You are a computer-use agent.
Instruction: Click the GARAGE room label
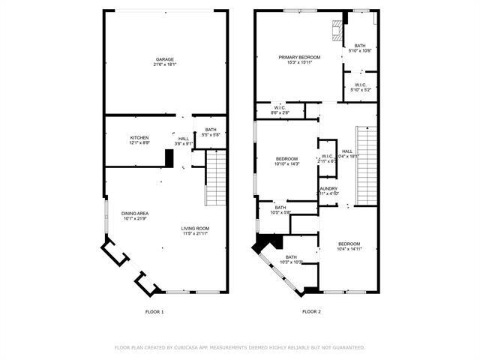166,58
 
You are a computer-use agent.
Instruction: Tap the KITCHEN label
139,138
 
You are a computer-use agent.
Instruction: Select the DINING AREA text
135,214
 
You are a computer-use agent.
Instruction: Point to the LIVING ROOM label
195,228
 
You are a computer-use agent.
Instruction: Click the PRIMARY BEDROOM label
299,57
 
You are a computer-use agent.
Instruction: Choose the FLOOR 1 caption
154,311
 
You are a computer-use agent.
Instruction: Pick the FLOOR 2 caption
311,311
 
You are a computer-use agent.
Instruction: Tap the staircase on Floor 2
365,165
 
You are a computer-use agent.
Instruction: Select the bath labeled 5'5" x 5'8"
210,133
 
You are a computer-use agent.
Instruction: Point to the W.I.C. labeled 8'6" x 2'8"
280,109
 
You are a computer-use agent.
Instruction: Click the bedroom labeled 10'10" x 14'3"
287,160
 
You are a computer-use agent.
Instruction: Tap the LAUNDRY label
328,189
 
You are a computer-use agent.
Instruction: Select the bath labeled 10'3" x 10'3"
291,259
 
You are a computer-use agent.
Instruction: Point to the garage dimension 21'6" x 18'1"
166,64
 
